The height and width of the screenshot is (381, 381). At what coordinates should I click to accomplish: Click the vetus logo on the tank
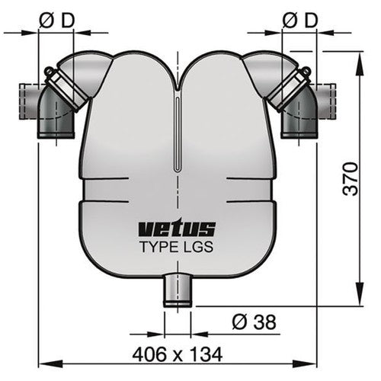tap(177, 228)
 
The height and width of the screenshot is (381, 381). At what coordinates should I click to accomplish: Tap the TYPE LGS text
tap(177, 246)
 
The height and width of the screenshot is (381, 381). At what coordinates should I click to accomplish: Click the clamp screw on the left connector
tap(48, 74)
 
